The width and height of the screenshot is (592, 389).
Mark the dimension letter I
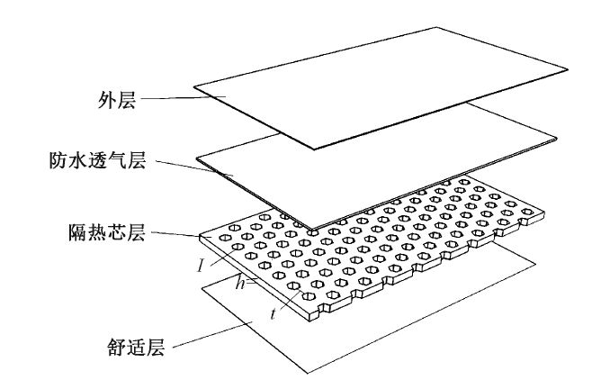tap(205, 265)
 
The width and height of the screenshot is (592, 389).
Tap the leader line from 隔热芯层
tap(171, 235)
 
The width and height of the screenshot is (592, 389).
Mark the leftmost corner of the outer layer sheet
tap(192, 89)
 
